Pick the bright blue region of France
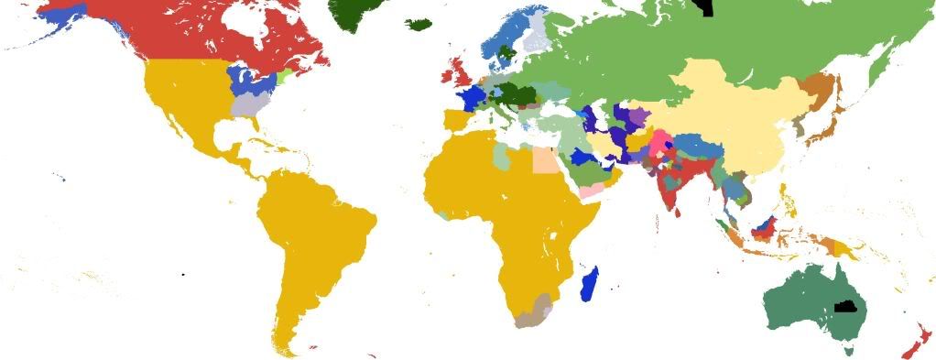click(473, 98)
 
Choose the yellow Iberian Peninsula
click(456, 120)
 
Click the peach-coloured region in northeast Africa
click(545, 160)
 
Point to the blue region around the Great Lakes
click(243, 80)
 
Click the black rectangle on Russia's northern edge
click(703, 7)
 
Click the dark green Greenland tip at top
click(353, 13)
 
